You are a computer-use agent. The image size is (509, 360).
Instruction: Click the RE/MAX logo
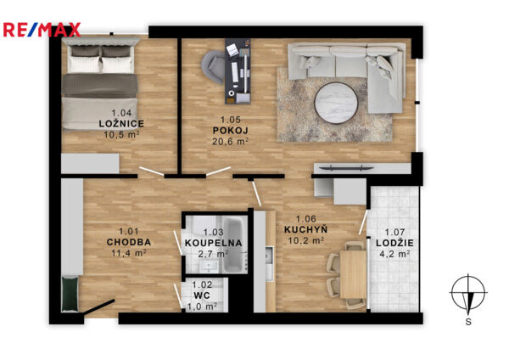pyautogui.click(x=42, y=30)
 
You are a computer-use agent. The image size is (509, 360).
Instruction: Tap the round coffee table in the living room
pyautogui.click(x=336, y=103)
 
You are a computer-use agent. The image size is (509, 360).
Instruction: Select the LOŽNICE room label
pyautogui.click(x=121, y=123)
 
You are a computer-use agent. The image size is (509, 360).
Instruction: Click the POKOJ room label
pyautogui.click(x=231, y=131)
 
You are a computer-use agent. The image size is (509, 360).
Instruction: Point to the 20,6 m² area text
pyautogui.click(x=231, y=141)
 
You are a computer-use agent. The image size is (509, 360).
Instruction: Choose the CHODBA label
pyautogui.click(x=129, y=242)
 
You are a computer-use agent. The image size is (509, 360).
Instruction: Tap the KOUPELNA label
pyautogui.click(x=214, y=243)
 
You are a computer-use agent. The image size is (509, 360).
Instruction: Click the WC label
pyautogui.click(x=202, y=295)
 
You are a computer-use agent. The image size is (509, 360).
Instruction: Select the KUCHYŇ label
pyautogui.click(x=305, y=229)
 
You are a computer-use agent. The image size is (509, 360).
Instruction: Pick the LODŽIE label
pyautogui.click(x=394, y=243)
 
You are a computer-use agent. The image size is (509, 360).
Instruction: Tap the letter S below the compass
pyautogui.click(x=468, y=322)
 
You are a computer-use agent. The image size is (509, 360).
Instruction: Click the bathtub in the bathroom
pyautogui.click(x=235, y=245)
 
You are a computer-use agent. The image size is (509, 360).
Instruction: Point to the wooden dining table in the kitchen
pyautogui.click(x=353, y=273)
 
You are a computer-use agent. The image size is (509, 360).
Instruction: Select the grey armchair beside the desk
pyautogui.click(x=213, y=67)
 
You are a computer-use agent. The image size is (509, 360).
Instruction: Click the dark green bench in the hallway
pyautogui.click(x=70, y=294)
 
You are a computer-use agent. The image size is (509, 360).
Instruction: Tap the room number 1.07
pyautogui.click(x=394, y=233)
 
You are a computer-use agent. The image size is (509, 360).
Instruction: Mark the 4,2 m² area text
pyautogui.click(x=394, y=253)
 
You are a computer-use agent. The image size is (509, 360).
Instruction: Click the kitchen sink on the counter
pyautogui.click(x=269, y=256)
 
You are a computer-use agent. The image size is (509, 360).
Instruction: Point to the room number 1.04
pyautogui.click(x=121, y=113)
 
